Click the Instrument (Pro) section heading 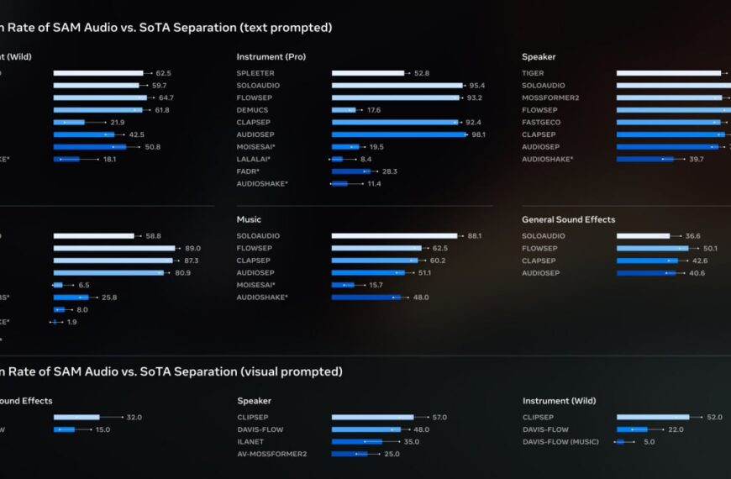(271, 57)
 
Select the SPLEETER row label (256, 73)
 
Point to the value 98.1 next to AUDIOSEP (478, 134)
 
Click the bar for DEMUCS (344, 110)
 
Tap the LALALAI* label (253, 159)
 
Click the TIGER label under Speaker (533, 73)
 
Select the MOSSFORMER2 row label (550, 97)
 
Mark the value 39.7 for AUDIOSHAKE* (697, 159)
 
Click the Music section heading (249, 219)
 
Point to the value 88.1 (475, 236)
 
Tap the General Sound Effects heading (568, 219)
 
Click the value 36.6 (692, 236)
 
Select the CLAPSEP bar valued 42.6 (647, 261)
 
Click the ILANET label (250, 441)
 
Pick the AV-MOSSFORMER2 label (271, 454)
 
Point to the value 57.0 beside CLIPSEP (439, 417)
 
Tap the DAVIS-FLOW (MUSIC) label (560, 441)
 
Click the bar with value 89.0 (114, 248)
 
